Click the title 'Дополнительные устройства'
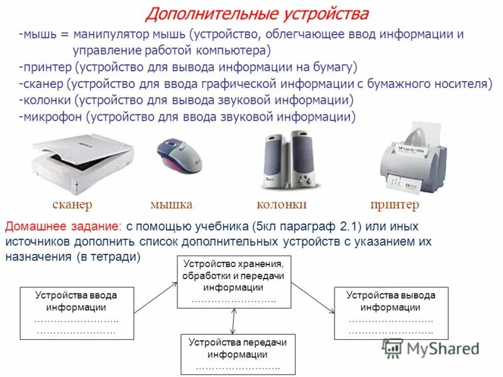pos(257,14)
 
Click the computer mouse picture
pos(180,156)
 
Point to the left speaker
pos(275,160)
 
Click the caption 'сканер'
pos(72,205)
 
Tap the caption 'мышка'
pos(171,205)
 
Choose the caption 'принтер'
pos(395,205)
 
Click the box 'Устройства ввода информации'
pos(76,312)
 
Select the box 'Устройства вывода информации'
pos(390,312)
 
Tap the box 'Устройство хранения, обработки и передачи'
pos(233,281)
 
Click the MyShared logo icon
pos(393,347)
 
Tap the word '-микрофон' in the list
pos(50,116)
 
